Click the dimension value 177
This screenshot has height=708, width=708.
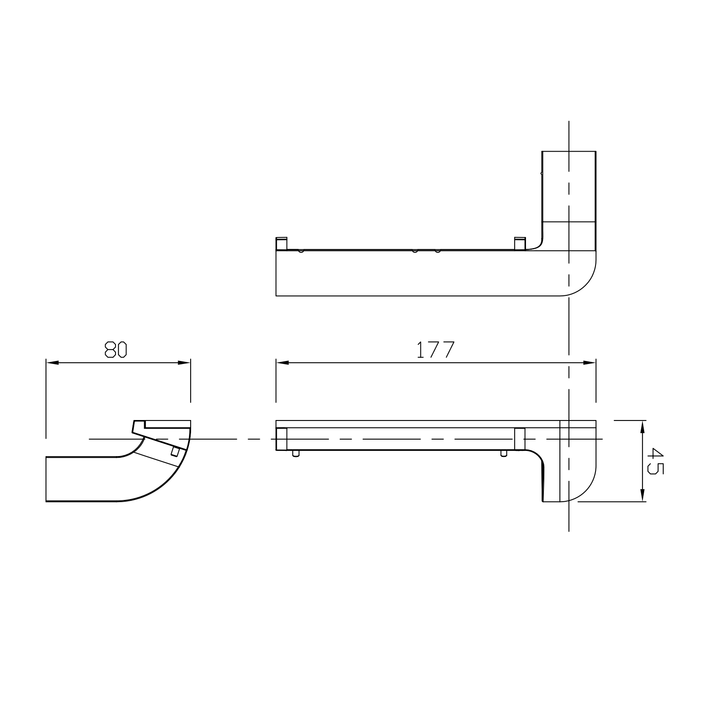pyautogui.click(x=436, y=350)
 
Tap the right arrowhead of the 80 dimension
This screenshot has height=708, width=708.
pyautogui.click(x=185, y=363)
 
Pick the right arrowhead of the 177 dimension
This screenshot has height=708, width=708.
pyautogui.click(x=590, y=363)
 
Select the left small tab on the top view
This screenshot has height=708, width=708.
pyautogui.click(x=281, y=244)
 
